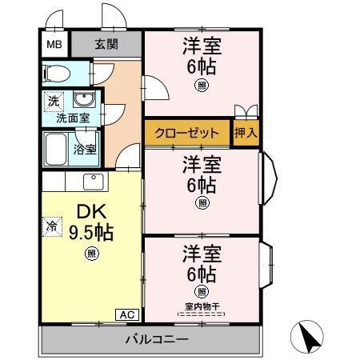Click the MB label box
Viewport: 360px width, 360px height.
(x=54, y=44)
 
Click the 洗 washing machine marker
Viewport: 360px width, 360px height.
(x=53, y=102)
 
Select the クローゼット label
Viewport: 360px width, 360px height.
(x=187, y=133)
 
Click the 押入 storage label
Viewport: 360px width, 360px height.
(x=246, y=133)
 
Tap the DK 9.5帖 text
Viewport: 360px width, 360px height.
(x=90, y=222)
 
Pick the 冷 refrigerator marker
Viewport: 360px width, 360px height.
(x=50, y=226)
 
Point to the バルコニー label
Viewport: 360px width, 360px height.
(x=155, y=339)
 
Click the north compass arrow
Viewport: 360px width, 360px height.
(x=312, y=336)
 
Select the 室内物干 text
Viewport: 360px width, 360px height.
(x=202, y=306)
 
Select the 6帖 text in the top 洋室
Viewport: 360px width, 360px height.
(x=202, y=66)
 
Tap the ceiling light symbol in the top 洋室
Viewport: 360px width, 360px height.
(x=202, y=86)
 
